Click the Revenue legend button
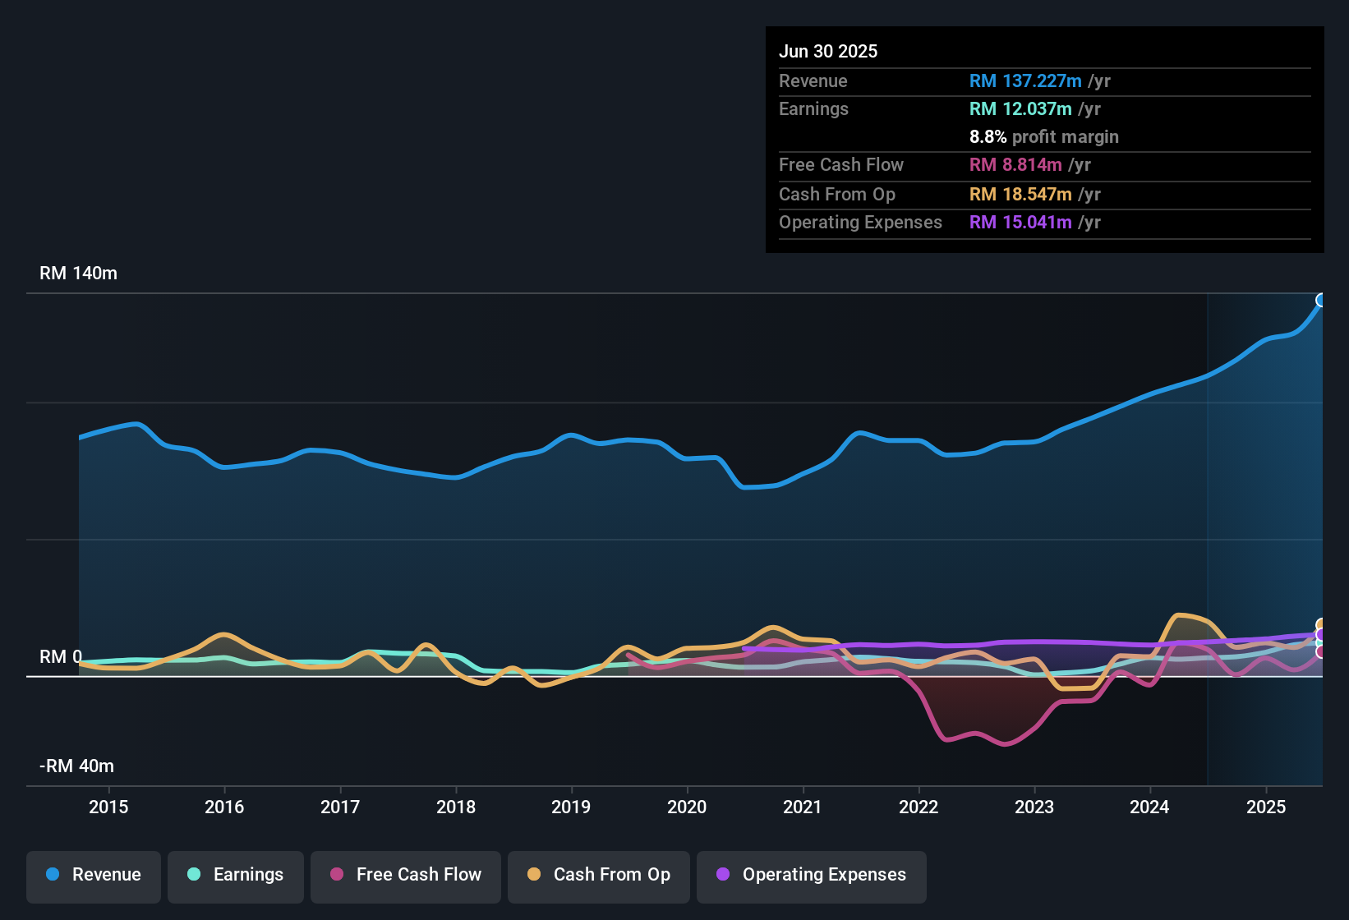tap(94, 875)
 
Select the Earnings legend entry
tap(236, 875)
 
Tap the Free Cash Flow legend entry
tap(406, 875)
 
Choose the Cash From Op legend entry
tap(599, 875)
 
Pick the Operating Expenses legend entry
tap(812, 875)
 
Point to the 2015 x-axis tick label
tap(108, 807)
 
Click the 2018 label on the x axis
tap(456, 807)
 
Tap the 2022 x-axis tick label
tap(919, 807)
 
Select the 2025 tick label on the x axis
tap(1266, 807)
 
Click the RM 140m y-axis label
tap(78, 274)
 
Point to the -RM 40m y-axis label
tap(76, 766)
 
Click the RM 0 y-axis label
tap(61, 657)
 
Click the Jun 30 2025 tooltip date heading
tap(828, 51)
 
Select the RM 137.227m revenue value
tap(1025, 80)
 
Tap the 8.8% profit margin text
tap(1043, 137)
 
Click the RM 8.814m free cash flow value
tap(1015, 164)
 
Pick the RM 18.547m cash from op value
tap(1020, 194)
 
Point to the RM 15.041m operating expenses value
tap(1020, 222)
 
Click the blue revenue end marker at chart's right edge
tap(1321, 300)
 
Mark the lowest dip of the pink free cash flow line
tap(1005, 743)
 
